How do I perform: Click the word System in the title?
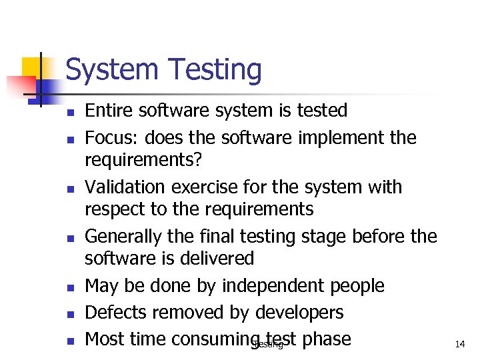click(112, 69)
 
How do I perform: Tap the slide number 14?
click(459, 344)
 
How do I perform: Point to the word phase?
click(326, 339)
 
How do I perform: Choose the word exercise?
click(217, 187)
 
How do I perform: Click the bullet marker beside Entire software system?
click(69, 111)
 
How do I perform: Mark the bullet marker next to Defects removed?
click(69, 314)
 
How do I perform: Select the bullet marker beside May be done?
click(69, 287)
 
